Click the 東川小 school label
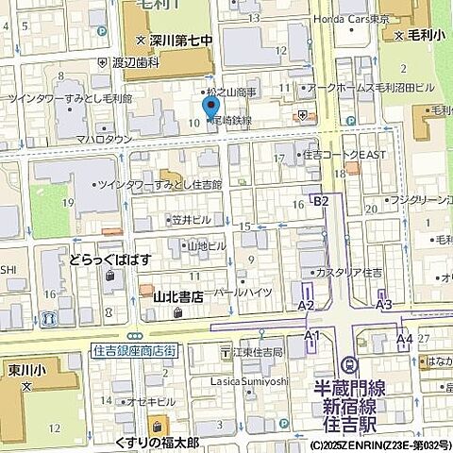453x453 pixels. pyautogui.click(x=27, y=369)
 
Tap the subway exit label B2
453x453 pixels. pyautogui.click(x=321, y=201)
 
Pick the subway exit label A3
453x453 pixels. pyautogui.click(x=383, y=305)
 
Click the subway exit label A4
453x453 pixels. pyautogui.click(x=404, y=337)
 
